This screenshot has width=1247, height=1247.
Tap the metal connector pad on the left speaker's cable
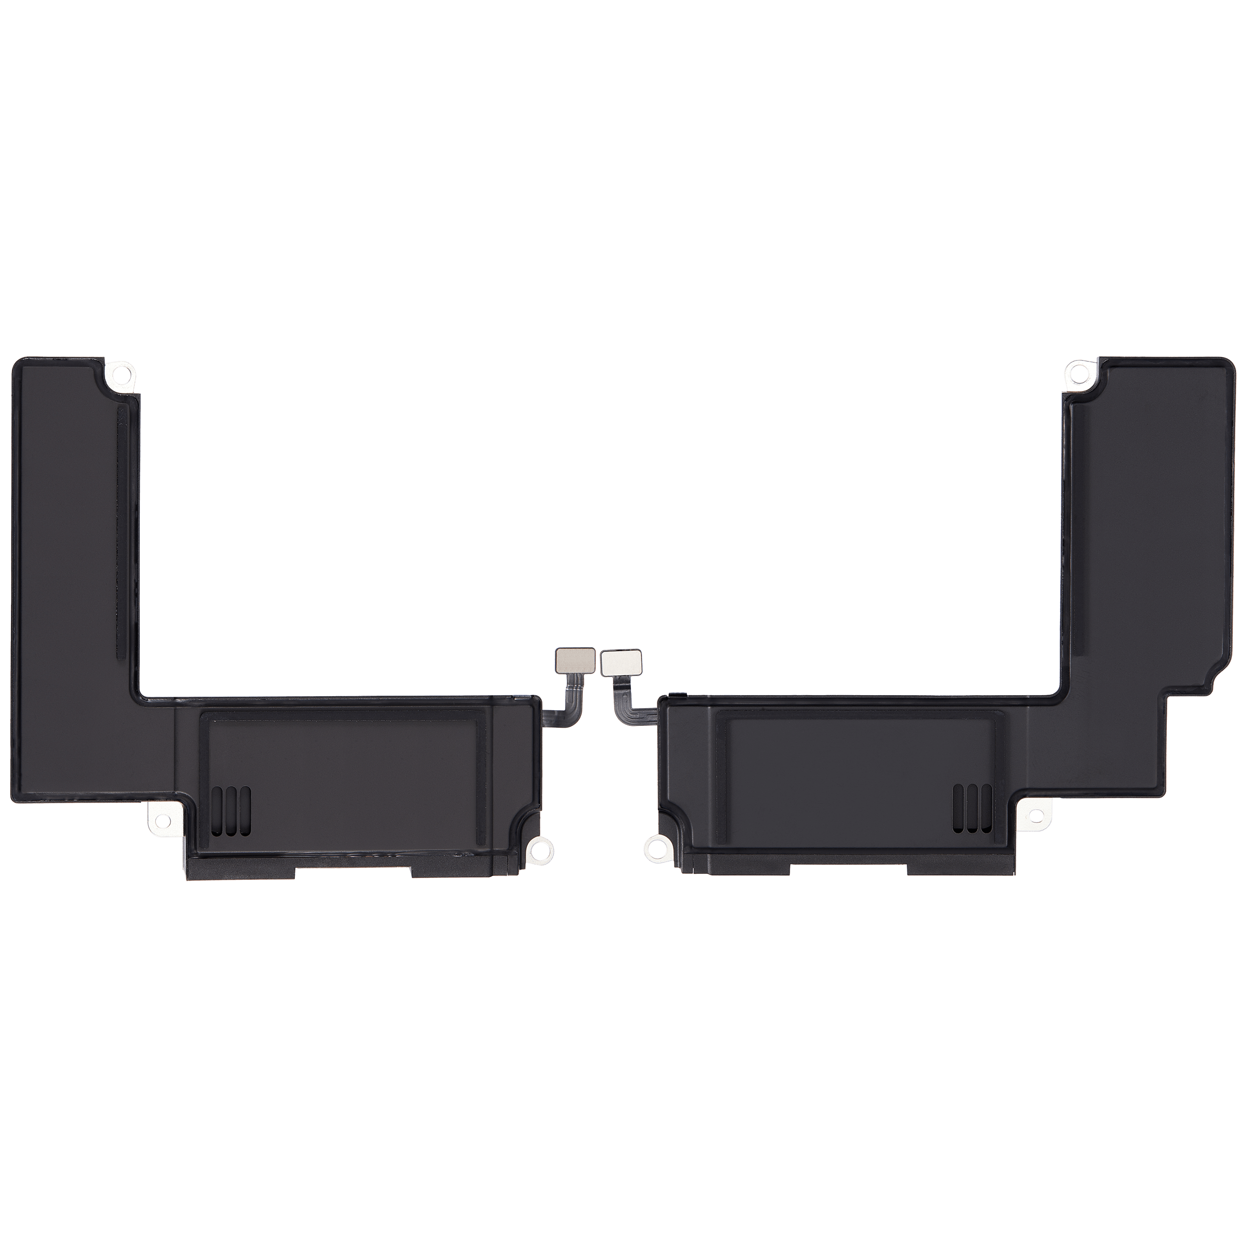tap(571, 659)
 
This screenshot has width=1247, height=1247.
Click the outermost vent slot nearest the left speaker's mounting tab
tap(217, 807)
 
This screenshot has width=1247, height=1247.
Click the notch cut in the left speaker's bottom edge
tap(353, 872)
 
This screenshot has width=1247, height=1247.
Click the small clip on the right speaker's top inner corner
tap(676, 695)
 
